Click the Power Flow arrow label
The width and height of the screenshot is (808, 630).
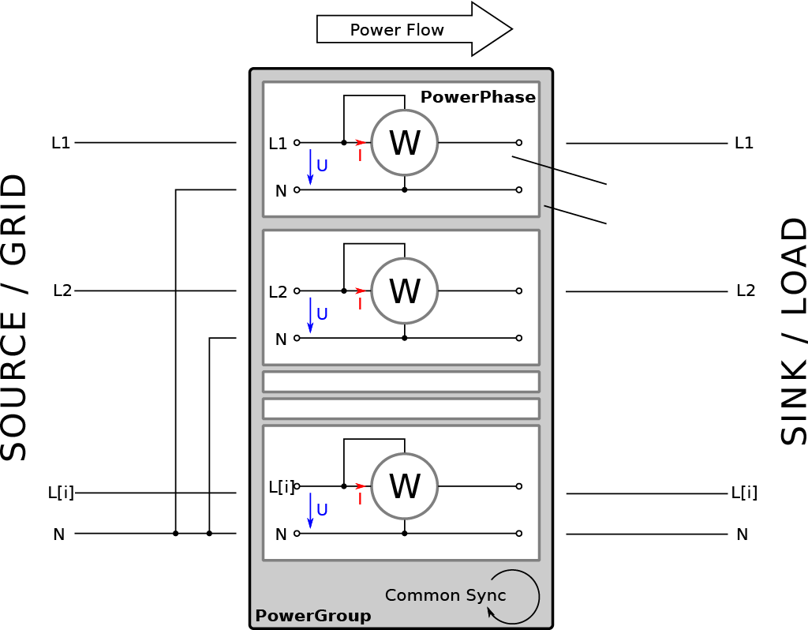click(x=397, y=30)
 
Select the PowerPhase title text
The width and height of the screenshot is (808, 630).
click(x=478, y=97)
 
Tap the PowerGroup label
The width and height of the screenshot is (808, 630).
click(x=313, y=616)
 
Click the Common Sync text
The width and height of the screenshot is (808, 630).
click(x=445, y=595)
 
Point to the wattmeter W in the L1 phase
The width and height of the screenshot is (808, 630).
click(x=405, y=143)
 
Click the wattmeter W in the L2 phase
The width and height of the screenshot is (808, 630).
click(x=405, y=291)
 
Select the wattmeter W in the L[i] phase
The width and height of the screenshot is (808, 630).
click(x=405, y=486)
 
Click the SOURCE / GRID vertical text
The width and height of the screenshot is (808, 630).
click(x=13, y=317)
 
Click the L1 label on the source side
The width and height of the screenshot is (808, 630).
click(x=61, y=143)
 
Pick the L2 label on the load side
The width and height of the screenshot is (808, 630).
click(x=746, y=291)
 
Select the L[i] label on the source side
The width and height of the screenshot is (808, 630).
click(x=61, y=493)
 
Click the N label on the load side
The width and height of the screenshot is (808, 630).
click(x=742, y=534)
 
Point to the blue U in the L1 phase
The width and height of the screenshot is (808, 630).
click(x=322, y=166)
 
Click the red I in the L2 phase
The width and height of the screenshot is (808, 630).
click(x=360, y=304)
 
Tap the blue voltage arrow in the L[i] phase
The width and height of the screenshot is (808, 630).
click(x=310, y=510)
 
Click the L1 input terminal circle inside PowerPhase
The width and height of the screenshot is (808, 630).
click(x=297, y=142)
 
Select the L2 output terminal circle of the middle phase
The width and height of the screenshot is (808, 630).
click(x=519, y=291)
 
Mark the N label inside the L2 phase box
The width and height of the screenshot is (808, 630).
click(x=281, y=339)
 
